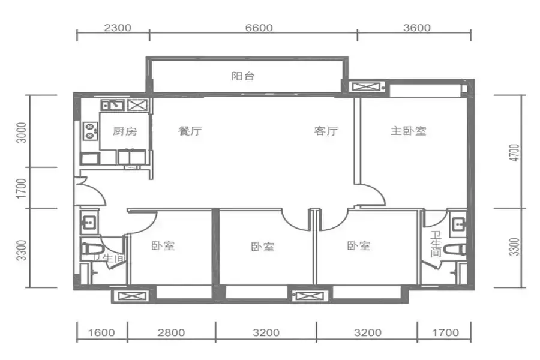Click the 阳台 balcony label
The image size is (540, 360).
click(243, 76)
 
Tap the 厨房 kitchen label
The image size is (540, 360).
click(125, 131)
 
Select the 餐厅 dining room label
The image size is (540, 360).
click(190, 131)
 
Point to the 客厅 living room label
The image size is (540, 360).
click(326, 131)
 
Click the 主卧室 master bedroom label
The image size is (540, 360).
click(409, 131)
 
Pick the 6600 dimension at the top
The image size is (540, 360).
click(259, 28)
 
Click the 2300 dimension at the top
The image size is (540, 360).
click(118, 28)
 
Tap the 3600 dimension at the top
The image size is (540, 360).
click(417, 28)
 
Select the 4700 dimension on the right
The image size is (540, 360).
click(514, 152)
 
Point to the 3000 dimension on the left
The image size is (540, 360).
click(22, 132)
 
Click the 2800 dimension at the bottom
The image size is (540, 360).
click(171, 332)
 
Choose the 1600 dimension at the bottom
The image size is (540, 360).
click(101, 332)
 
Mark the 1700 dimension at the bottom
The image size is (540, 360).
click(445, 332)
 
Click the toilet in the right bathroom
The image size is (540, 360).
click(455, 250)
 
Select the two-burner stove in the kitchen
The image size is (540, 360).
click(91, 131)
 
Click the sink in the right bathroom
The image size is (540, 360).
click(459, 224)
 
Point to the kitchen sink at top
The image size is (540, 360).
click(113, 105)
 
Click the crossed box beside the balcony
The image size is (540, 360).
click(366, 86)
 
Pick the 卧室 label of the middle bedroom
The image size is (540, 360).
click(262, 247)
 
